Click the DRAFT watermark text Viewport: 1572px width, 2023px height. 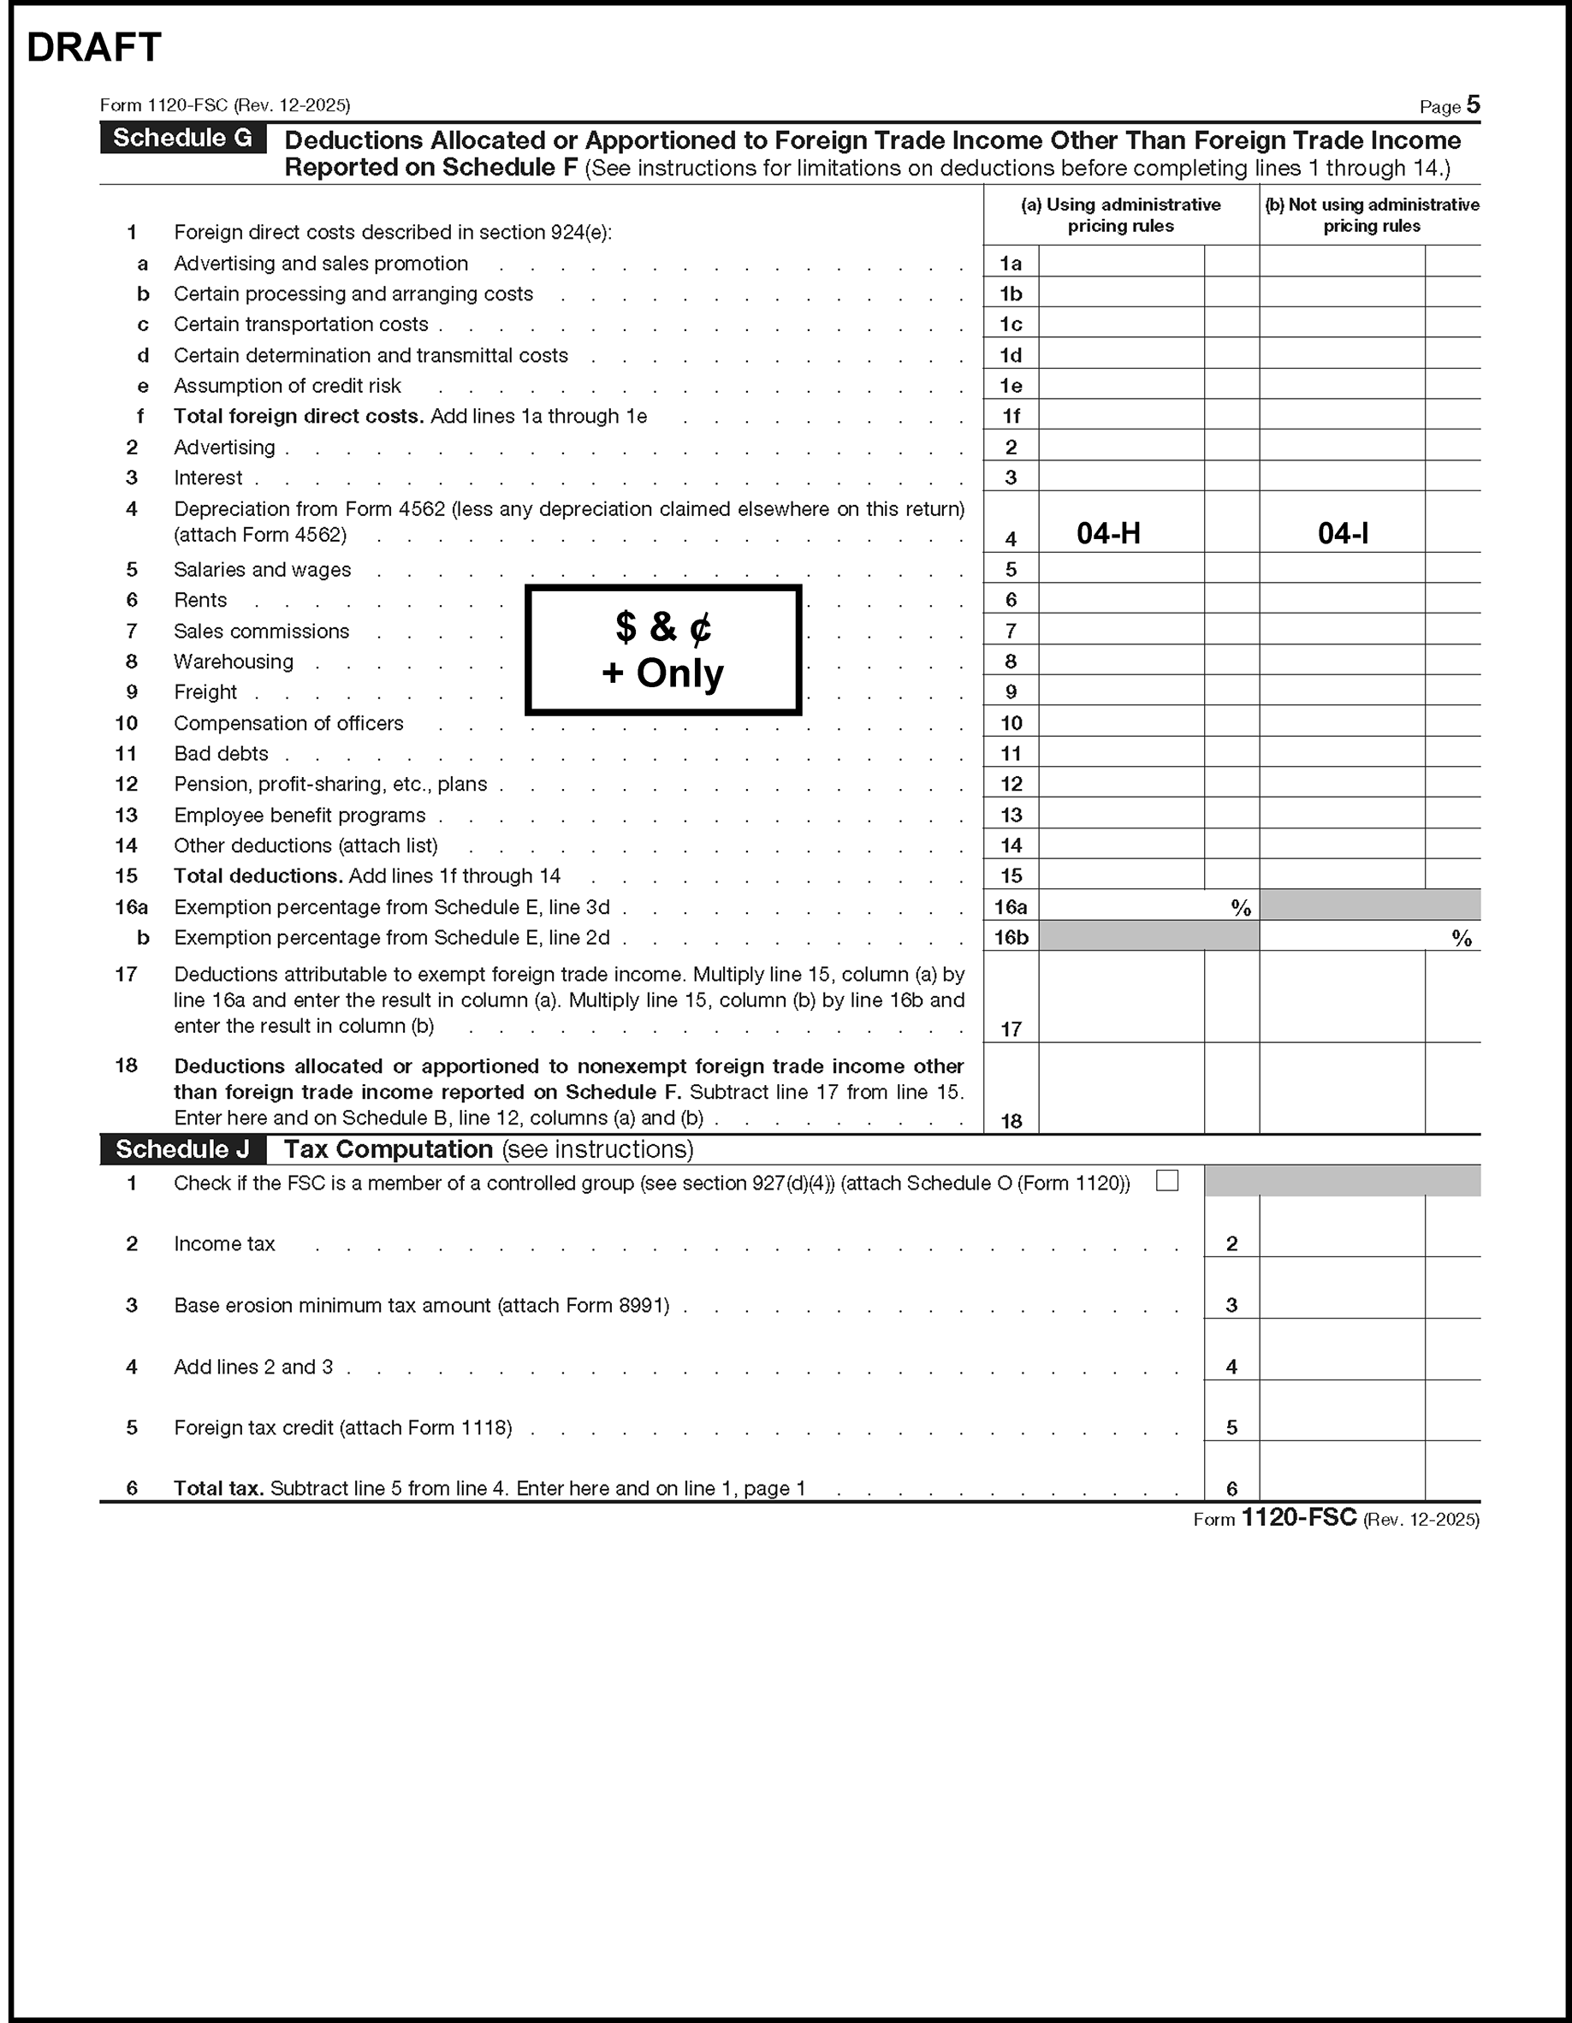pos(93,47)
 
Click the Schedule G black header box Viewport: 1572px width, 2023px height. pos(182,138)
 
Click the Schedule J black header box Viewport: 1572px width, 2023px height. pos(182,1149)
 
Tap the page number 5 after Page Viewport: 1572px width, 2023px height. pos(1473,104)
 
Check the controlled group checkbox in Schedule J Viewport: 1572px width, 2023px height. pos(1167,1181)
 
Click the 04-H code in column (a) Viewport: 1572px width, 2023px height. pos(1108,533)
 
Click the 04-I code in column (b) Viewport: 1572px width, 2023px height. pos(1343,533)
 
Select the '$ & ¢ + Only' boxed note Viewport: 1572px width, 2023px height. pos(663,650)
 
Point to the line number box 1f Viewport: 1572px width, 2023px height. pos(1011,417)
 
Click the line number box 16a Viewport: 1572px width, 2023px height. pos(1011,907)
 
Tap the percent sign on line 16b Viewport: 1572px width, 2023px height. pos(1461,938)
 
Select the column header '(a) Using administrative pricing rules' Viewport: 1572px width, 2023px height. pos(1121,215)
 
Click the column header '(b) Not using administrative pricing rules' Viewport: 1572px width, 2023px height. pos(1371,215)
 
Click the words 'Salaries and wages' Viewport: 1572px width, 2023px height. pos(262,570)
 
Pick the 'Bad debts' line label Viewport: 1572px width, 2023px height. pos(221,754)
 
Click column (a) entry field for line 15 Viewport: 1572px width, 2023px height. pos(1121,875)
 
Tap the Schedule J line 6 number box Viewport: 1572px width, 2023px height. pos(1231,1488)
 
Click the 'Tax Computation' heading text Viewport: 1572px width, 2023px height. pos(389,1149)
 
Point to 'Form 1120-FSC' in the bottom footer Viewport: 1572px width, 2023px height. pos(1275,1518)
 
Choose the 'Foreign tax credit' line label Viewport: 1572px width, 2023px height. pos(343,1427)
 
